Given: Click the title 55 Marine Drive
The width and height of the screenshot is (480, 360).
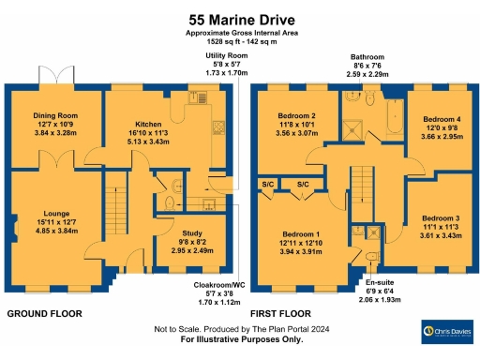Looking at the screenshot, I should (x=239, y=18).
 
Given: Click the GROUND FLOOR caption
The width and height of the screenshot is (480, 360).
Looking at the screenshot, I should (x=44, y=313).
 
